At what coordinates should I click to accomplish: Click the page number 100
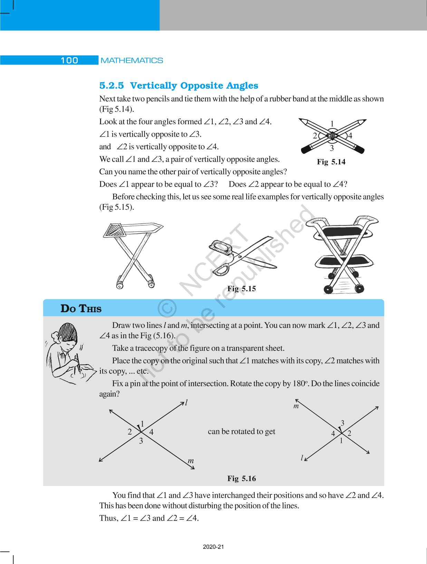[69, 60]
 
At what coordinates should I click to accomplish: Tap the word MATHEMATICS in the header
[132, 60]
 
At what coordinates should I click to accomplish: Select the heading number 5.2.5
[111, 86]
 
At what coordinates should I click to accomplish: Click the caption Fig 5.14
[331, 162]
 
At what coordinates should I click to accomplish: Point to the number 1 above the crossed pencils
[332, 124]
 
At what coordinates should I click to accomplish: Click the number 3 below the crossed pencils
[332, 148]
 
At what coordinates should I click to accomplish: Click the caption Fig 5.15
[241, 289]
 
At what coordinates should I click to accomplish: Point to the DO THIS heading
[81, 309]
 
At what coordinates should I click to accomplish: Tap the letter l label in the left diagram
[186, 402]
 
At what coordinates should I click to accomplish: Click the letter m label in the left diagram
[191, 461]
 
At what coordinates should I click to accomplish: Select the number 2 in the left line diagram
[130, 432]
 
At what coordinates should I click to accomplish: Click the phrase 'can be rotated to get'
[241, 431]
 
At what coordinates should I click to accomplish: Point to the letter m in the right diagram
[296, 406]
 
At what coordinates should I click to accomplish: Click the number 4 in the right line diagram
[333, 434]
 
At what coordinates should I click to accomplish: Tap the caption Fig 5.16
[241, 478]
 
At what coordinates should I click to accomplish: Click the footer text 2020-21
[213, 547]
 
